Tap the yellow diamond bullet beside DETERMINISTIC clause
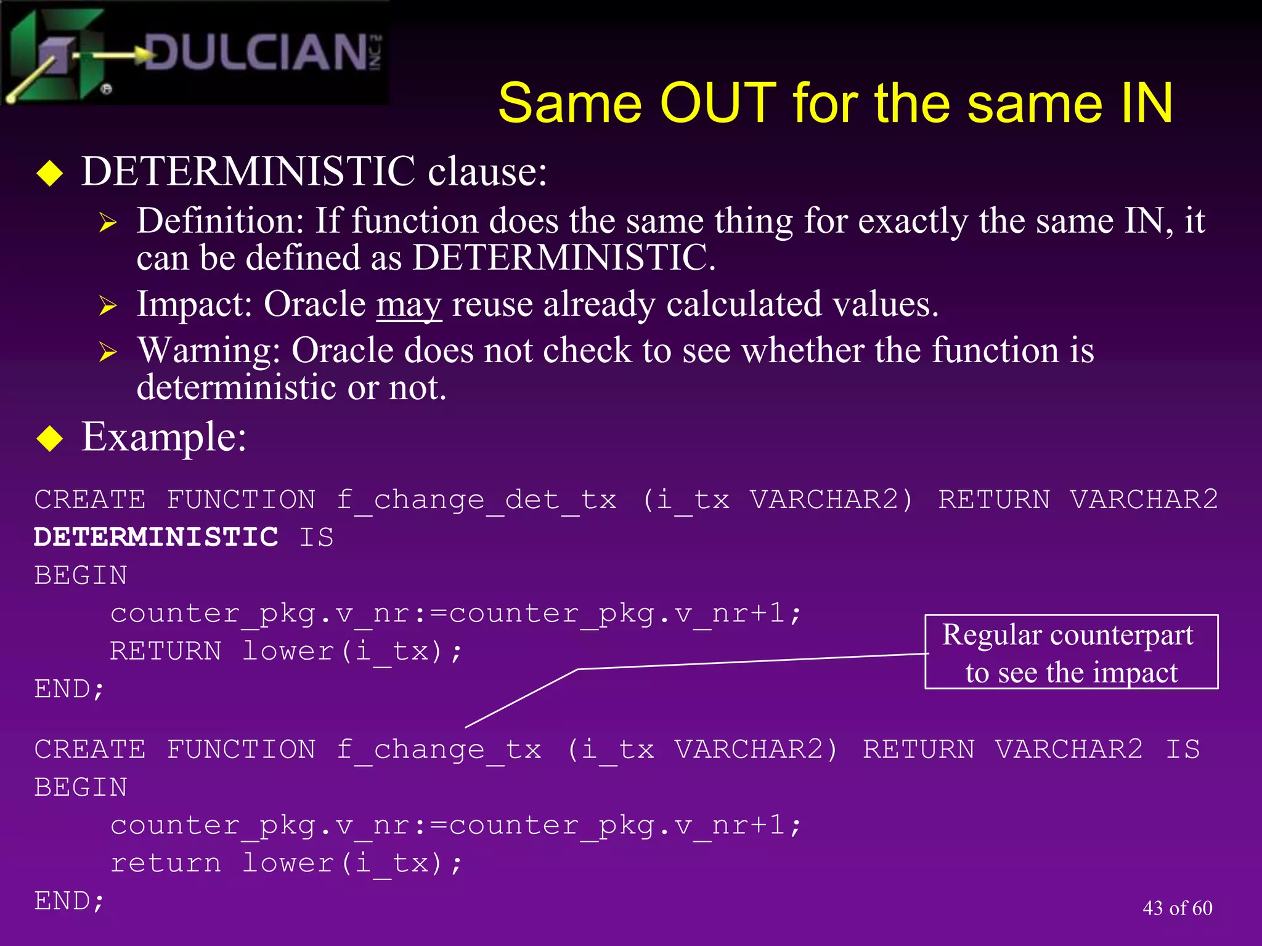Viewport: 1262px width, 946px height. pos(50,173)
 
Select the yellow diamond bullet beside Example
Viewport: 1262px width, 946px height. pos(50,439)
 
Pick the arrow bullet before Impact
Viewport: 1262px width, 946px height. pos(108,305)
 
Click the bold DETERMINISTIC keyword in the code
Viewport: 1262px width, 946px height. pos(156,537)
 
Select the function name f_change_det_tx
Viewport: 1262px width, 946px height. pos(476,499)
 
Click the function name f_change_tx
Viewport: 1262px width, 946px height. pos(438,750)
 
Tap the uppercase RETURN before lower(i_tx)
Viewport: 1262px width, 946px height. pos(165,651)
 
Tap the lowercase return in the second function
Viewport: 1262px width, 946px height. pos(165,863)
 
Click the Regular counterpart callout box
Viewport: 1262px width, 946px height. pos(1071,652)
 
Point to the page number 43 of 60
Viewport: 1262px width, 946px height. pos(1177,908)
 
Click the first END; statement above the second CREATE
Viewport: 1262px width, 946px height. pos(69,689)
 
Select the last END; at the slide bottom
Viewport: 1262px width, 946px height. pos(69,901)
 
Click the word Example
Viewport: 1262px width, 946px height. pos(163,437)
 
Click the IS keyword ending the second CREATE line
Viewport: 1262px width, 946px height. pos(1183,750)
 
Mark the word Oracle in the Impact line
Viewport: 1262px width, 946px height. pos(315,304)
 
